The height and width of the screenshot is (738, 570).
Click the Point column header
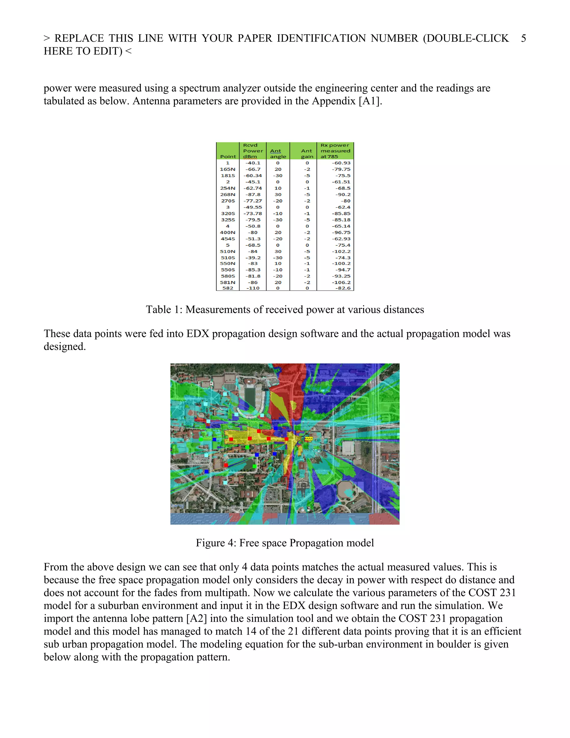point(228,157)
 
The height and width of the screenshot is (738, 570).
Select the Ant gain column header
point(307,154)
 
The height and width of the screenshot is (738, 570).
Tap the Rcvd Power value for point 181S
point(253,175)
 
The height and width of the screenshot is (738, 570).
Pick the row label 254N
point(228,188)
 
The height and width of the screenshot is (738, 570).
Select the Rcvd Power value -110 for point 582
point(253,288)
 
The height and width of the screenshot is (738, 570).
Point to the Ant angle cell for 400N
point(278,233)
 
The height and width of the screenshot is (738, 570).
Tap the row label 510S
point(228,258)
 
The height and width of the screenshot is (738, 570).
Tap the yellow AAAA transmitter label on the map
point(309,439)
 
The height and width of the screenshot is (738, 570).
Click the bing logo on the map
point(178,505)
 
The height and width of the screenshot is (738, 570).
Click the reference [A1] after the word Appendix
point(370,101)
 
